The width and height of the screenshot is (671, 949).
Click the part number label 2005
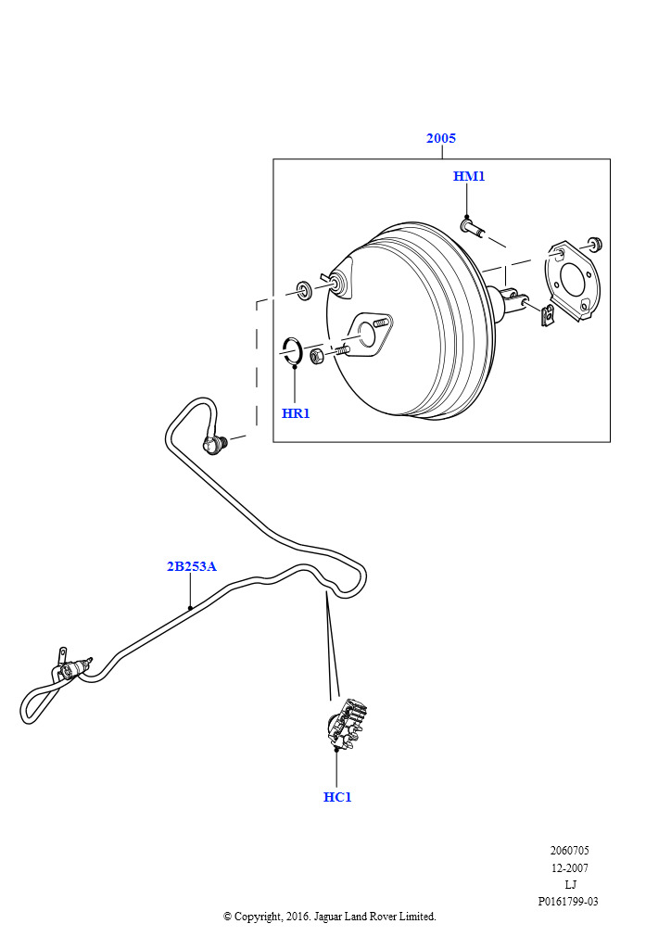point(441,138)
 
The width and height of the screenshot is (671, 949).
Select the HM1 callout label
point(469,176)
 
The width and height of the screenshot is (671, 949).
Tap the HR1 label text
point(296,413)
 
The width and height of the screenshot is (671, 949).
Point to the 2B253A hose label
point(191,566)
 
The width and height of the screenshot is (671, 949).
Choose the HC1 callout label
point(337,797)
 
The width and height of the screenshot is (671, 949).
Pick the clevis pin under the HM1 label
point(471,226)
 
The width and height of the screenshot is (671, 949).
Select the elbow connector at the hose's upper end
point(217,446)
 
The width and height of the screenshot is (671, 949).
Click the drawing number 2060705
point(569,851)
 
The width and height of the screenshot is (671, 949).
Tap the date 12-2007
point(569,868)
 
